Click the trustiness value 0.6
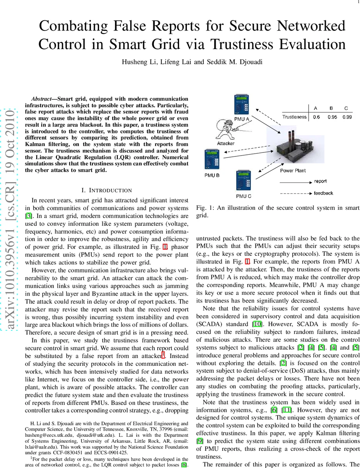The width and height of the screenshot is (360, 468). pos(316,117)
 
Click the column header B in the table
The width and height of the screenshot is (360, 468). pos(331,108)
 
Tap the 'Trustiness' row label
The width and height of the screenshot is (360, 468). pos(294,117)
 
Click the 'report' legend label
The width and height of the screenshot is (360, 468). pos(320,181)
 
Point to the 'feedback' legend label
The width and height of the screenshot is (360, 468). pos(323,193)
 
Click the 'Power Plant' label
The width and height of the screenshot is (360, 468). pos(293,170)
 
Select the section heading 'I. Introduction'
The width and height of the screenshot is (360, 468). pos(106,190)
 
